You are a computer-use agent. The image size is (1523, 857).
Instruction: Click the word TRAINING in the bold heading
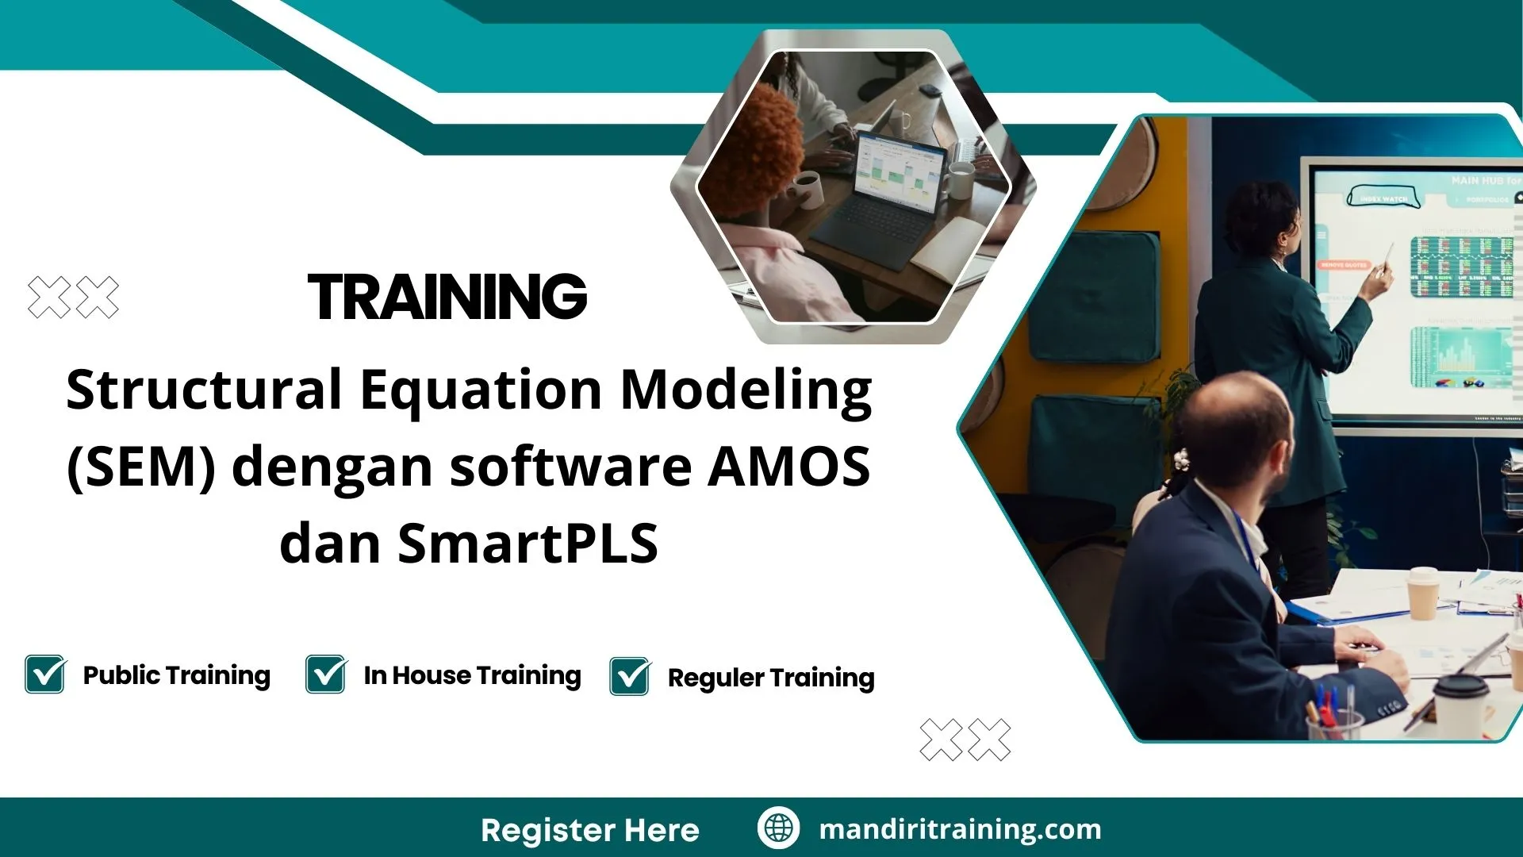[447, 297]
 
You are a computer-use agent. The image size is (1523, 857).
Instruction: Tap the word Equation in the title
[481, 390]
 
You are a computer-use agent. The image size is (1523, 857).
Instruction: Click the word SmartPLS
[527, 544]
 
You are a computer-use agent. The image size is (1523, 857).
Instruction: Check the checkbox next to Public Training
[45, 674]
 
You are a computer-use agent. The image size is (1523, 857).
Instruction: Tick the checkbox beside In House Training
[325, 674]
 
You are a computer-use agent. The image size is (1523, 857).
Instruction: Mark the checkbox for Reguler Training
[630, 677]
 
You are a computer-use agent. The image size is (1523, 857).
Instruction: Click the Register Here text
[589, 830]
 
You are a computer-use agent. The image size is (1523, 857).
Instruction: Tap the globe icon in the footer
[778, 828]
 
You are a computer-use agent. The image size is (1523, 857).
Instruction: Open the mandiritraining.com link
[960, 829]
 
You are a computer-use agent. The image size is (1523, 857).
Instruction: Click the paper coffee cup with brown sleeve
[1421, 594]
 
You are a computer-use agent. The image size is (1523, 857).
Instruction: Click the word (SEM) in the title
[141, 467]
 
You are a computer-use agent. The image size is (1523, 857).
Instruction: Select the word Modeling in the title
[746, 390]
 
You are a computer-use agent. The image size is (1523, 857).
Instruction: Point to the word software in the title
[571, 467]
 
